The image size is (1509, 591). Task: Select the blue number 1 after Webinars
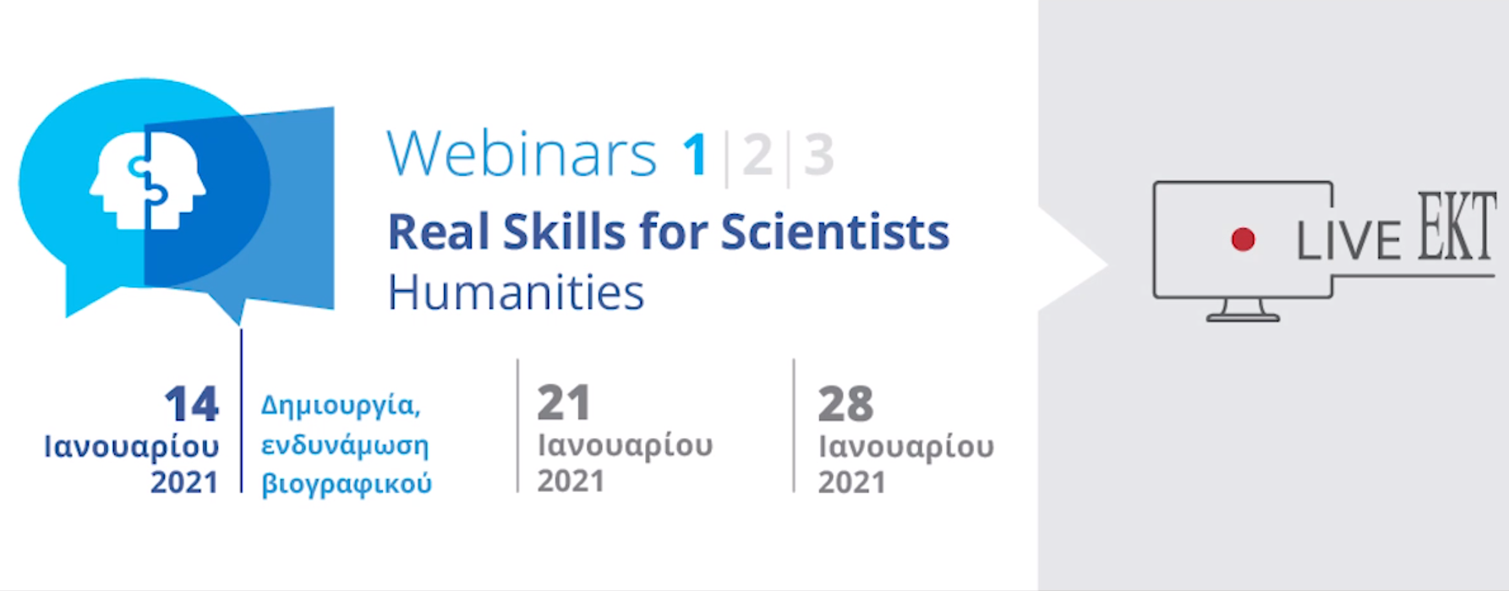coord(696,154)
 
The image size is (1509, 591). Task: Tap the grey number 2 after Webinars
coord(757,154)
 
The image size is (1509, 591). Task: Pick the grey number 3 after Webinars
coord(818,154)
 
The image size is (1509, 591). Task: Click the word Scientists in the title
coord(835,232)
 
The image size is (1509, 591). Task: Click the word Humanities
coord(516,293)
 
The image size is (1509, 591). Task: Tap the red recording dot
coord(1243,239)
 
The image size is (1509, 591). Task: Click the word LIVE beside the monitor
coord(1348,242)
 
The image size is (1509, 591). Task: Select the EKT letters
coord(1457,226)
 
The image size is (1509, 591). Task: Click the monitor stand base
coord(1243,317)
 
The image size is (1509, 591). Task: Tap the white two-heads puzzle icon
coord(148,181)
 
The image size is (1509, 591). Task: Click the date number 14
coord(192,403)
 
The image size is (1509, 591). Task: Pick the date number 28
coord(845,404)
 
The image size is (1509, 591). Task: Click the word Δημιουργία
coord(341,407)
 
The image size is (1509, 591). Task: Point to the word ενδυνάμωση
coord(345,445)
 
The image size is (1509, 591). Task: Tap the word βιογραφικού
coord(347,484)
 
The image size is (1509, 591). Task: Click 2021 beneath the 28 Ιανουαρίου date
coord(851,483)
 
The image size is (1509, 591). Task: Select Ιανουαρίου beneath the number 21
coord(626,446)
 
